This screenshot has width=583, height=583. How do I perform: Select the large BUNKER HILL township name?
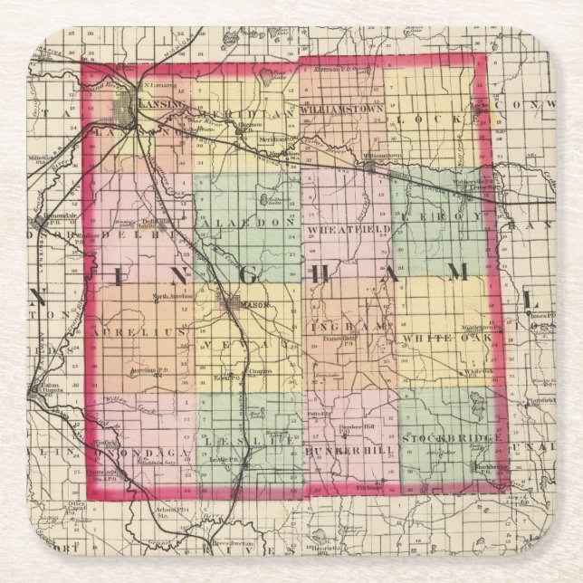(x=348, y=450)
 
